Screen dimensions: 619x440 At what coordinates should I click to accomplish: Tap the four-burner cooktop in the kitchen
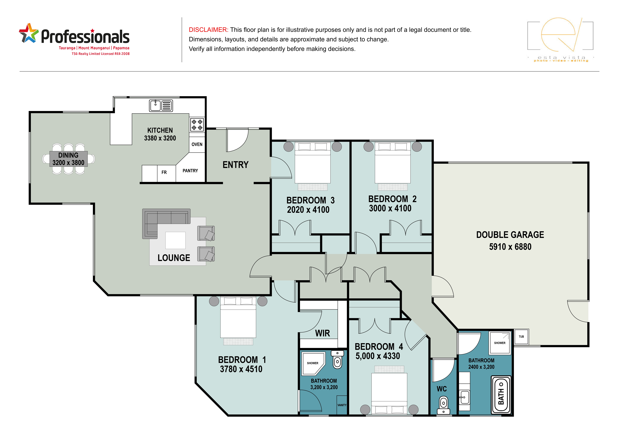point(197,125)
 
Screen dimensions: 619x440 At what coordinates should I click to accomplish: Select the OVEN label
point(197,144)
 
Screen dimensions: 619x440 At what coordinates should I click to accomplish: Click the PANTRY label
point(190,171)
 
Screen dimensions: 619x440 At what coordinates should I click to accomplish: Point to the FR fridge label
point(164,172)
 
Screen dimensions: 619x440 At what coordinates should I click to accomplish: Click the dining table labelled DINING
point(69,159)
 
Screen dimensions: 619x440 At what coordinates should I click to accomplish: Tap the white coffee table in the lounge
point(175,240)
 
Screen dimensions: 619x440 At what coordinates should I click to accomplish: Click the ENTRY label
point(235,165)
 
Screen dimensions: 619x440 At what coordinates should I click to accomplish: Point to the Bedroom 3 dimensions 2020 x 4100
point(308,210)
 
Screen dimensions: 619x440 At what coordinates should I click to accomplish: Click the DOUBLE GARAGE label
point(510,235)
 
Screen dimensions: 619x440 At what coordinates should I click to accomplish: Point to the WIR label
point(323,333)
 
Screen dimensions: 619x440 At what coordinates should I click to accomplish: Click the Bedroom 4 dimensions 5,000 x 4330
point(378,356)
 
